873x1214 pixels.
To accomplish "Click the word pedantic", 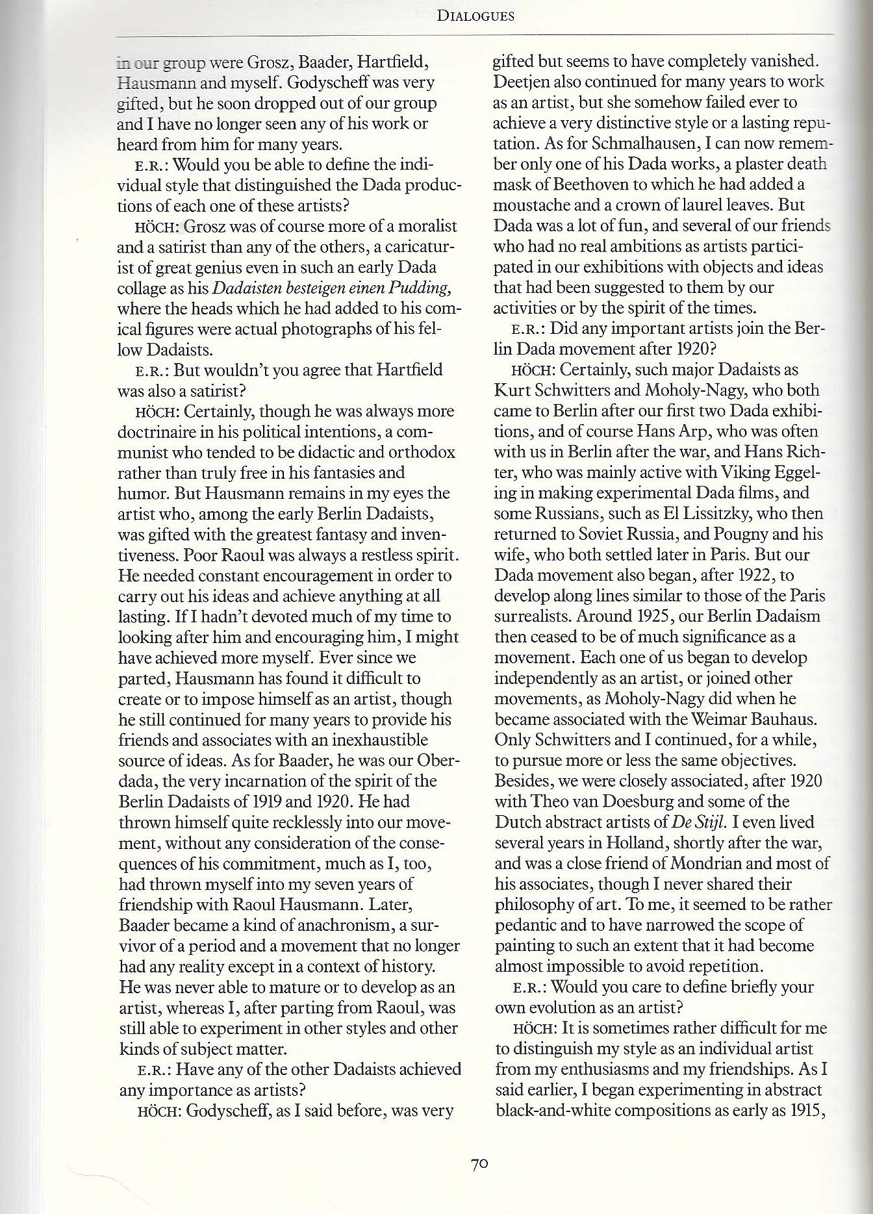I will point(527,924).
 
